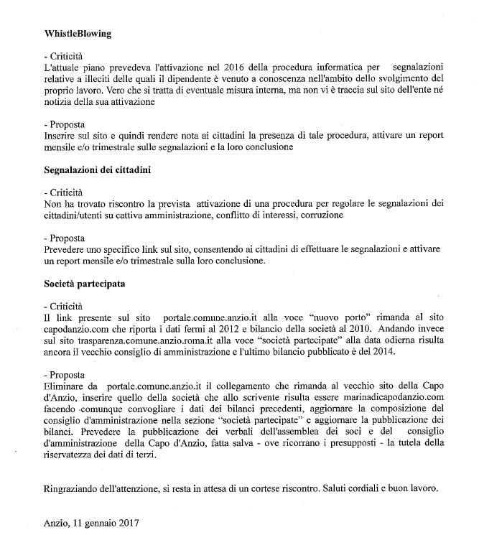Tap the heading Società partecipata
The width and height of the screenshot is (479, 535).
click(84, 284)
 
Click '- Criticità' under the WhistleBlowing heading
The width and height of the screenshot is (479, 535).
click(62, 55)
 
